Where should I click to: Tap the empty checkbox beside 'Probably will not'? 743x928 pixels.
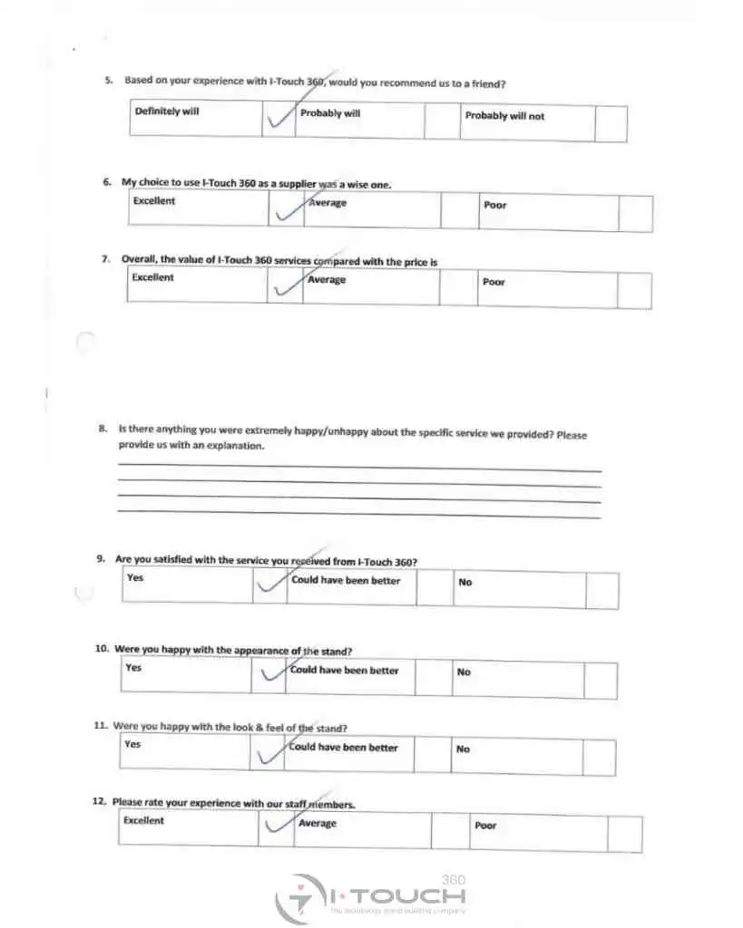click(611, 123)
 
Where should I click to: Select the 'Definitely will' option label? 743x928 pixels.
click(167, 111)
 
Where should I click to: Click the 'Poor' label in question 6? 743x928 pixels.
click(495, 205)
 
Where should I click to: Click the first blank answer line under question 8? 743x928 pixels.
click(359, 469)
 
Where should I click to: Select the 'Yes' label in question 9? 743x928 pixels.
click(135, 577)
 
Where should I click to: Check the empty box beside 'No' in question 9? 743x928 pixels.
click(601, 590)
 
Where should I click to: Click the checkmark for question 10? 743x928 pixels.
click(269, 674)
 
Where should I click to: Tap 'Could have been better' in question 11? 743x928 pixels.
click(345, 748)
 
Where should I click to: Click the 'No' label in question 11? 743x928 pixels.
click(463, 749)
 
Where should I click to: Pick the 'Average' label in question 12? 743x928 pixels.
click(318, 824)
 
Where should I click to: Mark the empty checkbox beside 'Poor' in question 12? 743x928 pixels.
click(624, 834)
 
